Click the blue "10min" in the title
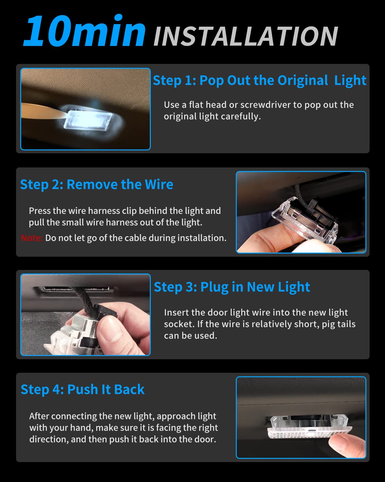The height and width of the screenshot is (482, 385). click(x=84, y=31)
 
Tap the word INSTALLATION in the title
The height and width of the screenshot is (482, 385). click(x=246, y=36)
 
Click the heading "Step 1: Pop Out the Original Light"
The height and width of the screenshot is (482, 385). click(x=260, y=80)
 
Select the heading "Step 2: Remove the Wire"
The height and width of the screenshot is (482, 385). click(x=97, y=184)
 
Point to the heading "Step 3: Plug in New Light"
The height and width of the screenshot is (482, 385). click(x=232, y=287)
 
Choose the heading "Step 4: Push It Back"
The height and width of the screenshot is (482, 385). click(x=82, y=389)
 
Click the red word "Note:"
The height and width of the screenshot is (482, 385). click(x=31, y=238)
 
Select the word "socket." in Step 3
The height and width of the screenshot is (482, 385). click(x=179, y=324)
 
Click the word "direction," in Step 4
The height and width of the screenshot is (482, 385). click(x=49, y=439)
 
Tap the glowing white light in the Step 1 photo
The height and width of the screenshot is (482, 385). click(x=88, y=120)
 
